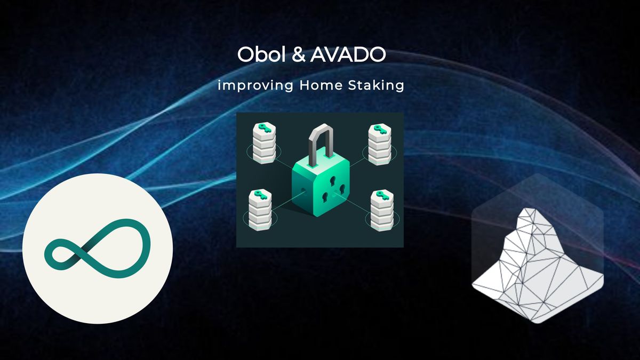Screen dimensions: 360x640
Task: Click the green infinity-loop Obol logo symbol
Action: (98, 248)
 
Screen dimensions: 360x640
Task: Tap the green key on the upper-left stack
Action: (264, 129)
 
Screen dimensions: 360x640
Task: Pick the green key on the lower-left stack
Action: (260, 193)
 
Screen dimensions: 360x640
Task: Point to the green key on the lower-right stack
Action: (380, 195)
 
